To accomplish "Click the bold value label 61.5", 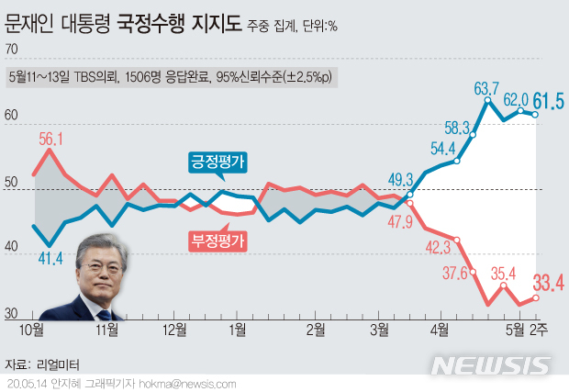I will (549, 98).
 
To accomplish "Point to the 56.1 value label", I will (51, 140).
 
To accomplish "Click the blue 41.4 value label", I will (50, 258).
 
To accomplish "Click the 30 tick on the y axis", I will (11, 315).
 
